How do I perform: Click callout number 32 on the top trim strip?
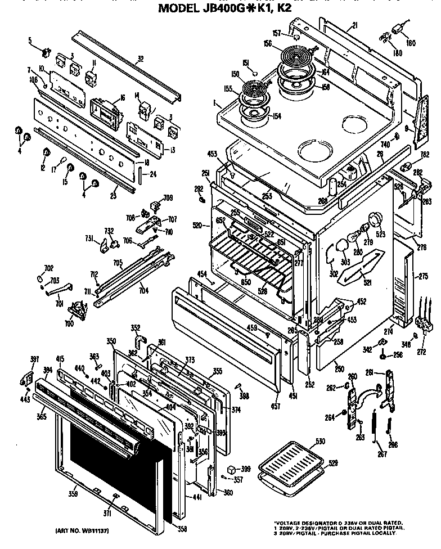click(x=141, y=58)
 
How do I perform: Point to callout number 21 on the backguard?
click(x=355, y=25)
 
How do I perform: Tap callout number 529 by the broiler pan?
click(x=318, y=462)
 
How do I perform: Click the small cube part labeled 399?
click(x=231, y=469)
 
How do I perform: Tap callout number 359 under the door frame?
click(x=73, y=494)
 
